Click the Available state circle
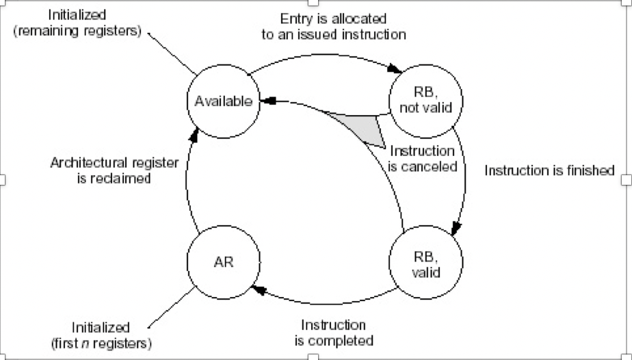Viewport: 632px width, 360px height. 223,101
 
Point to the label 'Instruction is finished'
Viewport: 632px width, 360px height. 549,170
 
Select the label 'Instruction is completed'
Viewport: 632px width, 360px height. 334,333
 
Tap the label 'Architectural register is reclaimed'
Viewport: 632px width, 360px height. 114,170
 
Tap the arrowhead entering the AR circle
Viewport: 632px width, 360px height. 258,290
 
